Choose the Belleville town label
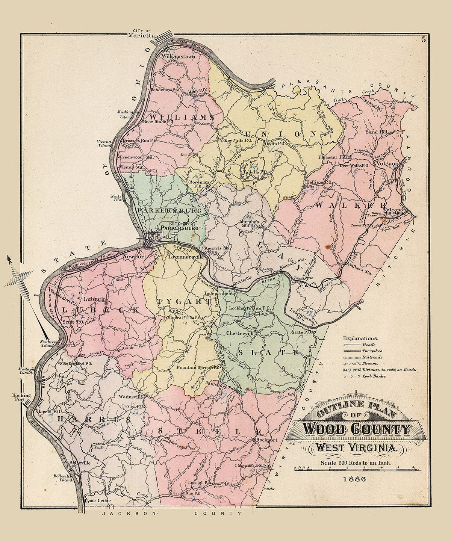click(x=80, y=463)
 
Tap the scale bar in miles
click(x=355, y=468)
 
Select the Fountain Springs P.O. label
click(x=198, y=368)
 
